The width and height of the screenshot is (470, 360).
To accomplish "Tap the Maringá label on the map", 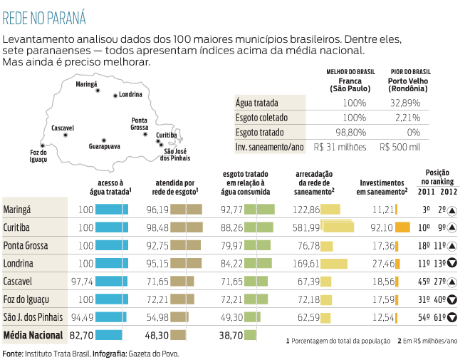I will [87, 84].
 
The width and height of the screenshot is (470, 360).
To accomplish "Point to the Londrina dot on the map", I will [115, 95].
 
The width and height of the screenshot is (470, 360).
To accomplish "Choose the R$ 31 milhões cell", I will [340, 147].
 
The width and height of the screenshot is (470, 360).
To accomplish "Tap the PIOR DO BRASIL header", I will [410, 72].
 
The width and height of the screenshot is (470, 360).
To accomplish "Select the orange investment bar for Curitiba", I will [402, 227].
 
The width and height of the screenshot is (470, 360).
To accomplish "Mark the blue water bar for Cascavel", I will [112, 281].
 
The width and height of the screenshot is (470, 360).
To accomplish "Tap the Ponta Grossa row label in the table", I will [26, 245].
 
